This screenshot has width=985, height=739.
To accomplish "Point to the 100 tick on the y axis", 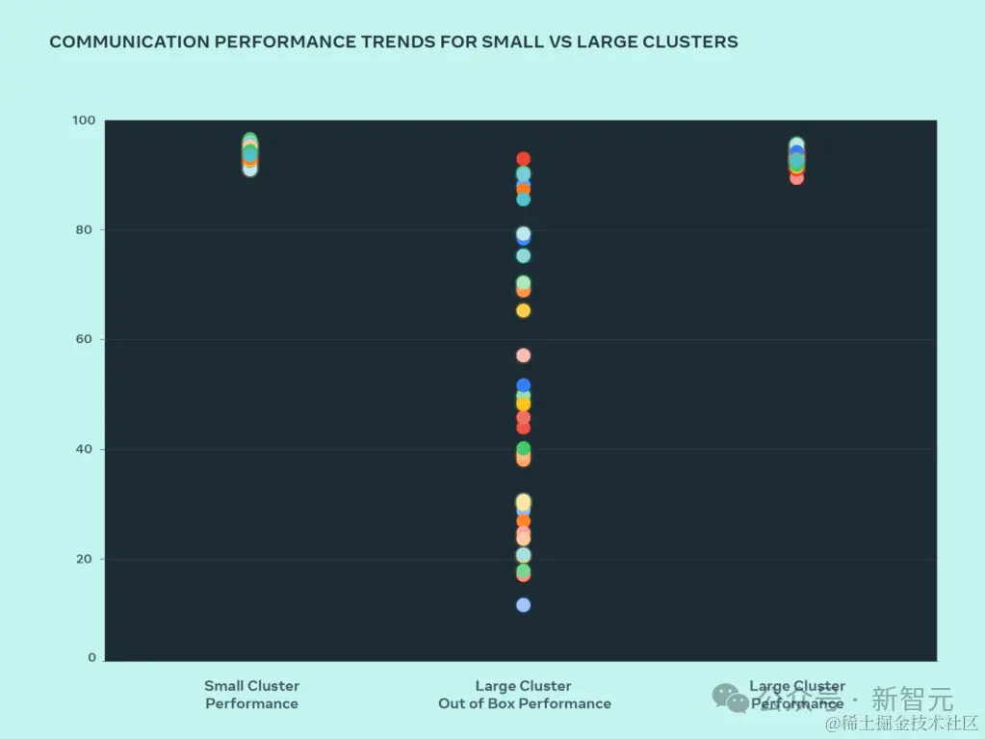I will tap(84, 120).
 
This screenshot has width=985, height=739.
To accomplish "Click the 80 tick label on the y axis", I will tap(87, 230).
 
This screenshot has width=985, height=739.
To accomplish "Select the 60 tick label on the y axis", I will tap(87, 339).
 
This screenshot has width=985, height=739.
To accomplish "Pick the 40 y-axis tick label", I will tap(87, 449).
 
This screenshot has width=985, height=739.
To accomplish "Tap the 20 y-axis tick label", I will tap(87, 559).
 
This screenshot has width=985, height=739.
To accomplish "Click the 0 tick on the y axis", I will tap(92, 658).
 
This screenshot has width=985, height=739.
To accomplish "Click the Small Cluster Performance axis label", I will tap(251, 695).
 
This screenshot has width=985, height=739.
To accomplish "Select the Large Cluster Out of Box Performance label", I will tap(524, 695).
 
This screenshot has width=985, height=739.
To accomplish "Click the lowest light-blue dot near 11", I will tap(524, 605).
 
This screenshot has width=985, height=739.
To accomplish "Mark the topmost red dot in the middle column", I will tap(524, 159).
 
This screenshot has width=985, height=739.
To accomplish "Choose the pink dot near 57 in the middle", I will tap(524, 356).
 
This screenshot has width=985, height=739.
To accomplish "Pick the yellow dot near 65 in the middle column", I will tap(524, 310).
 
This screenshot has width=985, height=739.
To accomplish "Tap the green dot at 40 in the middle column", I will tap(524, 449).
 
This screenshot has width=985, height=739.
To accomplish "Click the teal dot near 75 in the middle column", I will tap(524, 256).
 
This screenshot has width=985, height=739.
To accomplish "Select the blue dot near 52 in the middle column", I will tap(524, 385).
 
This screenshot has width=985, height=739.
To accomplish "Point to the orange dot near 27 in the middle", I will tap(524, 521).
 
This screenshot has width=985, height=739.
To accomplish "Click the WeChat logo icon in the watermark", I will tap(730, 698).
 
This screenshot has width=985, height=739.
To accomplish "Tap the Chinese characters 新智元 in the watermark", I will tap(911, 698).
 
